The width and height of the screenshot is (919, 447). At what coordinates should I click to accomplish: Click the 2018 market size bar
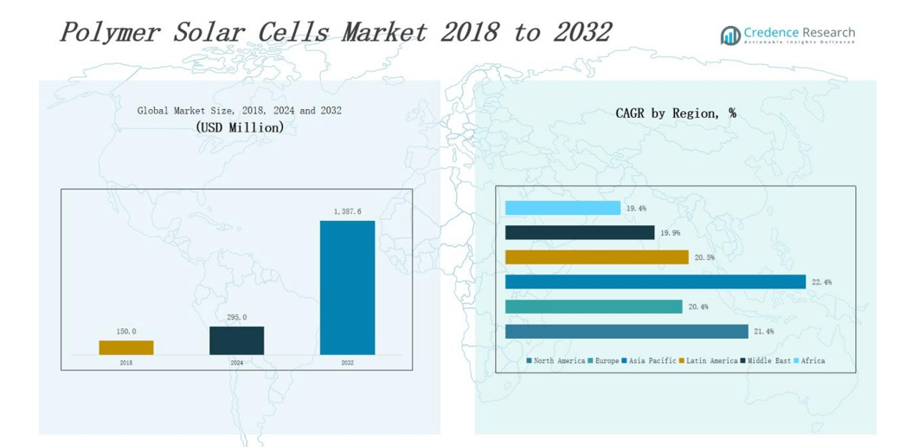[x=126, y=347]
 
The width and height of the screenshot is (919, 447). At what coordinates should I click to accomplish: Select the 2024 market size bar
[x=236, y=340]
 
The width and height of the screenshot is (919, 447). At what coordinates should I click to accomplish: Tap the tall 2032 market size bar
[x=347, y=288]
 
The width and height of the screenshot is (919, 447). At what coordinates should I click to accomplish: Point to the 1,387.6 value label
[x=347, y=211]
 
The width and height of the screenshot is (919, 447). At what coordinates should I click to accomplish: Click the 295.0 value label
[x=236, y=318]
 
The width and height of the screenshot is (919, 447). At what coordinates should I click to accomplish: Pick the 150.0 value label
[x=126, y=332]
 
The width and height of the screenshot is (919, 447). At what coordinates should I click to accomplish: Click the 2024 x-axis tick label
[x=236, y=362]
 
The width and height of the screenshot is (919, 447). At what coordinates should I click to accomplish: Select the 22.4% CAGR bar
[x=655, y=282]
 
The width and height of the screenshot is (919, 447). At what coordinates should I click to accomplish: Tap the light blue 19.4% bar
[x=562, y=208]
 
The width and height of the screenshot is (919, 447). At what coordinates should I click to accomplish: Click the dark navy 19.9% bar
[x=580, y=232]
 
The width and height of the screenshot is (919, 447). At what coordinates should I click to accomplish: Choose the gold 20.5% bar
[x=596, y=257]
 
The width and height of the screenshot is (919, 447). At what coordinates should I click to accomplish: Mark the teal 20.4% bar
[x=594, y=307]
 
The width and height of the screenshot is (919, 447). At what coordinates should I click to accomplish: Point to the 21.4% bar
[x=627, y=331]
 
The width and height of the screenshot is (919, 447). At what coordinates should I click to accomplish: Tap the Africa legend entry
[x=812, y=360]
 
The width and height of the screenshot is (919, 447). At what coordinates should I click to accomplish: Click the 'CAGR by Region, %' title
[x=675, y=113]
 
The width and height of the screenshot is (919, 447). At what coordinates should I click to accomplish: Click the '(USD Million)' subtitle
[x=240, y=127]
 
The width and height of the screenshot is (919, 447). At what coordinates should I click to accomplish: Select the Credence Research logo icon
[x=730, y=35]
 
